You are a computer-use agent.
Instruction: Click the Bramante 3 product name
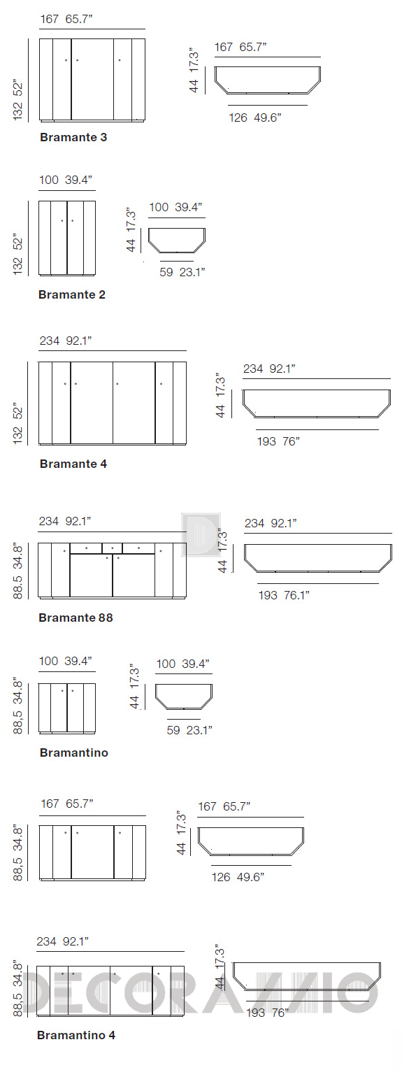tap(73, 137)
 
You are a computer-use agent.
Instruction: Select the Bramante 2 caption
tap(71, 294)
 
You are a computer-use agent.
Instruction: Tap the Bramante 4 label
tap(73, 464)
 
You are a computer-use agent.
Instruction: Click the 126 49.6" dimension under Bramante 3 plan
tap(255, 117)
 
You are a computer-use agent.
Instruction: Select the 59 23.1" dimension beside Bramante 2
tap(182, 272)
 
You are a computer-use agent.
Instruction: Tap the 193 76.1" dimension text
tap(284, 595)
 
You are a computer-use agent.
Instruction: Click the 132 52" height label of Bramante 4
tap(17, 425)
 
